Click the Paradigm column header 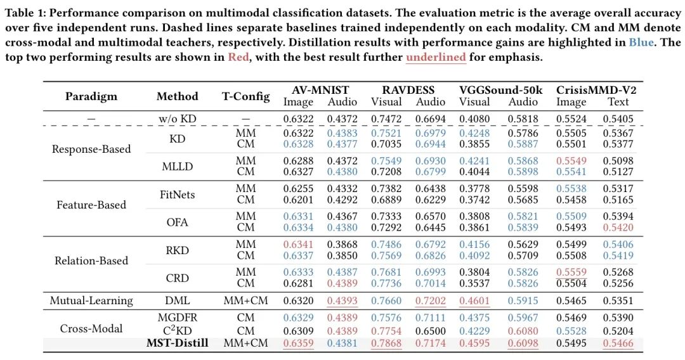pos(91,96)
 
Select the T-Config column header pos(245,96)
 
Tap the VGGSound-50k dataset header pos(500,90)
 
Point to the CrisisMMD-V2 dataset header pos(596,90)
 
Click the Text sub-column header pos(618,101)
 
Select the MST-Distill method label pos(177,343)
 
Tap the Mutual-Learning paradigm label pos(91,300)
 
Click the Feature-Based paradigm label pos(91,205)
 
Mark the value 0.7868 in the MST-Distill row pos(386,343)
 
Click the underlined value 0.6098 pos(523,343)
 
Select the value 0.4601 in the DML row pos(474,300)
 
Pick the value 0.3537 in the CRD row pos(474,283)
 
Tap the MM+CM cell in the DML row pos(245,300)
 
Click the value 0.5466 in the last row pos(618,343)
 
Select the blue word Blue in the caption pos(643,43)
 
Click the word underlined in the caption pos(436,57)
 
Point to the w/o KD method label pos(177,119)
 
